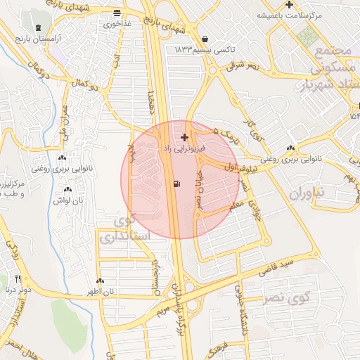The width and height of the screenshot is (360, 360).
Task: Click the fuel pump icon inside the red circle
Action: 175,185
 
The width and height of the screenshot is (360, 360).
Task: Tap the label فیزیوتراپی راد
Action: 184,149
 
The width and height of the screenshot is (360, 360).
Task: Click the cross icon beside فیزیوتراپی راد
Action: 184,137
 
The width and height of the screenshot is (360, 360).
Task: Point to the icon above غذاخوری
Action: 116,12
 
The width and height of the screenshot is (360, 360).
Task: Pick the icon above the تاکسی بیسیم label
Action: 204,39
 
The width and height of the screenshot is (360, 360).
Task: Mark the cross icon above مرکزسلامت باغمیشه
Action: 289,4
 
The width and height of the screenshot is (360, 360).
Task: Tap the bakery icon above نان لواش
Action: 68,189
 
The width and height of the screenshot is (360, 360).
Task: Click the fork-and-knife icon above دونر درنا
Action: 18,278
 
